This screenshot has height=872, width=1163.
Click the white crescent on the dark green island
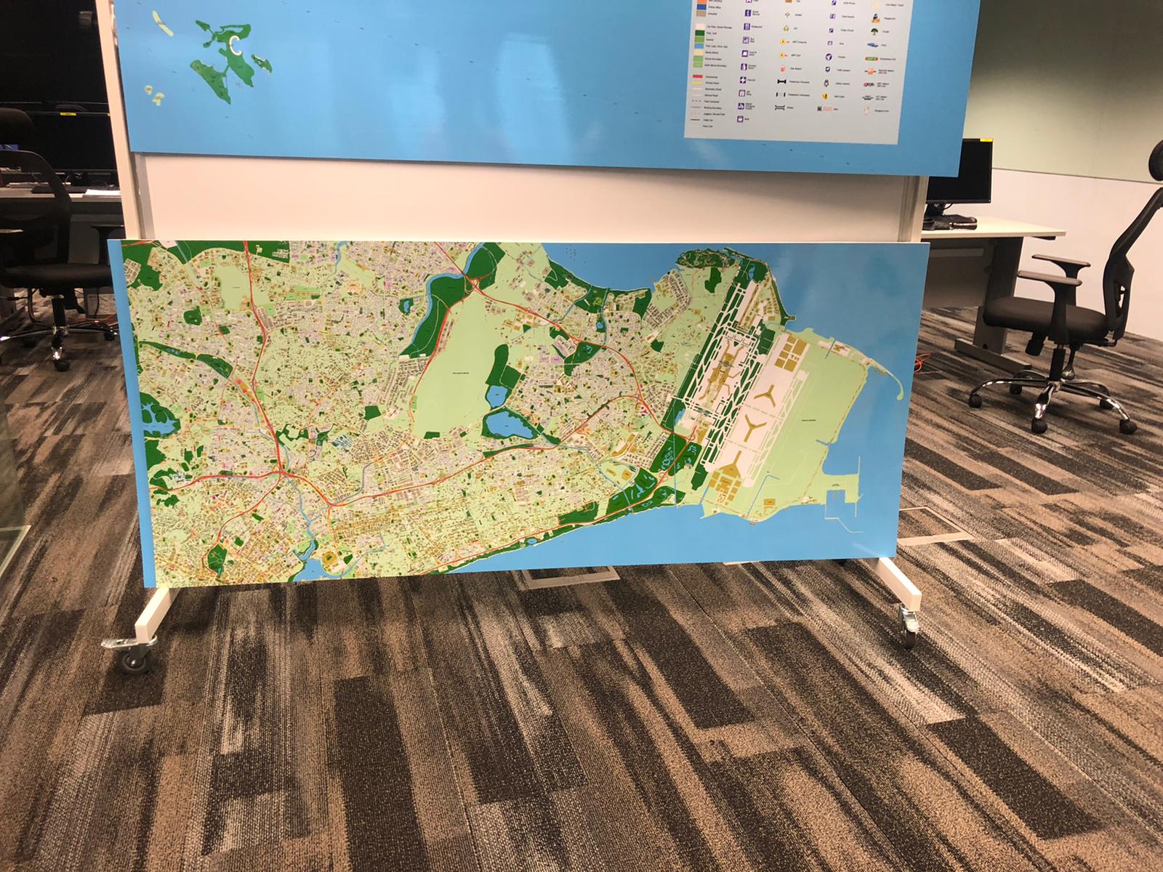point(236,45)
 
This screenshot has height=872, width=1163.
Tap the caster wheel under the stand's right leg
point(908,634)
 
